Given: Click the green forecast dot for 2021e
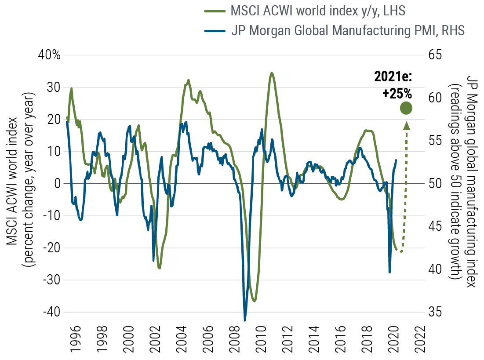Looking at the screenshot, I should pos(406,108).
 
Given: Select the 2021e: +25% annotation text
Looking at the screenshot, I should pos(393,85).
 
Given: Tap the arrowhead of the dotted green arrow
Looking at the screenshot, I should pos(406,125).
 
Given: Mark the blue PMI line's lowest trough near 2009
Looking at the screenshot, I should pos(245,319).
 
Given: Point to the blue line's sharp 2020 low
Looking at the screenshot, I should pos(389,272).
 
